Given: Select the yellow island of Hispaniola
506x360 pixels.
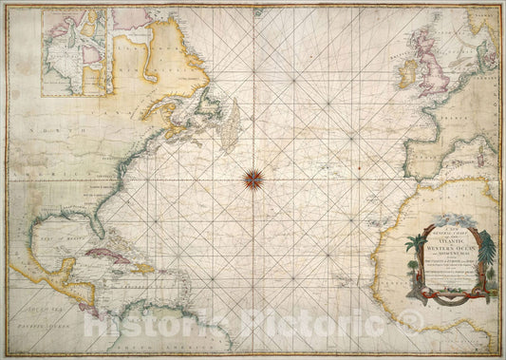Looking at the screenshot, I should (x=144, y=267).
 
